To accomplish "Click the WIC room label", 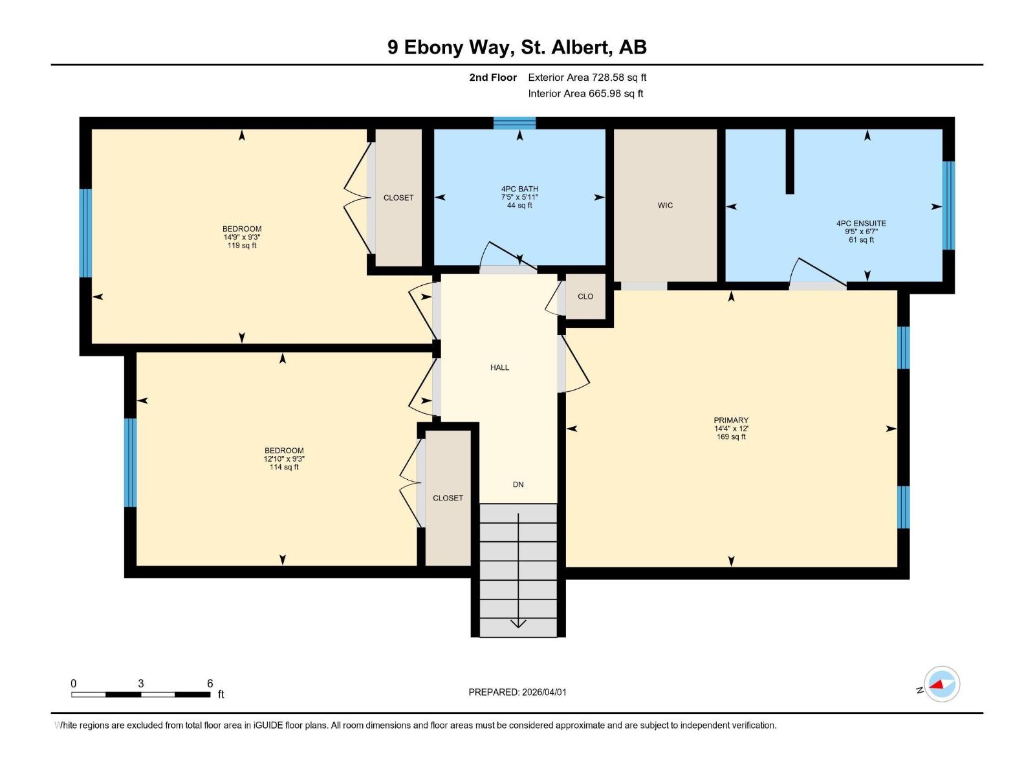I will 665,206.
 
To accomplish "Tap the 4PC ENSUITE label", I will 861,224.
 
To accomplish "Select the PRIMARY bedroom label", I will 731,420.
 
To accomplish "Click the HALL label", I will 499,367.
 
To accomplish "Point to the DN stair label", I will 518,484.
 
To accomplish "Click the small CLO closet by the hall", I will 585,297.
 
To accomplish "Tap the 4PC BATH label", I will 519,189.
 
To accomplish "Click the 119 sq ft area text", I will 242,246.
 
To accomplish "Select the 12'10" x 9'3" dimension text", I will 284,459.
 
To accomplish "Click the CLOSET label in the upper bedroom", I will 398,198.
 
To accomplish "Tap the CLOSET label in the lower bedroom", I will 448,498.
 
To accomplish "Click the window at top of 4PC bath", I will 514,123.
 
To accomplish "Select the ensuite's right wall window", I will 948,206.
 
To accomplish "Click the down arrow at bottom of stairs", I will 518,623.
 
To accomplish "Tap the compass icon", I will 942,684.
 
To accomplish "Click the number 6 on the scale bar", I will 210,684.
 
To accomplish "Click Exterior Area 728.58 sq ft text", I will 587,78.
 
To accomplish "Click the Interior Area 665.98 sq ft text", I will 585,94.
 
